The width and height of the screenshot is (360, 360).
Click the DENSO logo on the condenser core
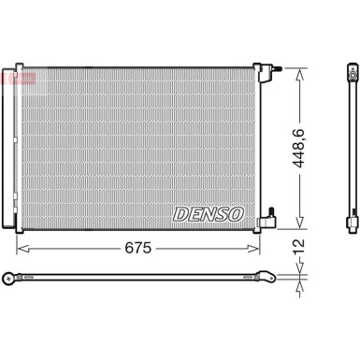208,214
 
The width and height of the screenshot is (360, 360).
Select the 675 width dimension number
137,249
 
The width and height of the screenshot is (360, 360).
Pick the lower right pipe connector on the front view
269,220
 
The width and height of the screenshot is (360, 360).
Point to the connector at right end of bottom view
268,276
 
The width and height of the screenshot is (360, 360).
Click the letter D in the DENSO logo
180,214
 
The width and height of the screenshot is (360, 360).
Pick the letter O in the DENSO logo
235,214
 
